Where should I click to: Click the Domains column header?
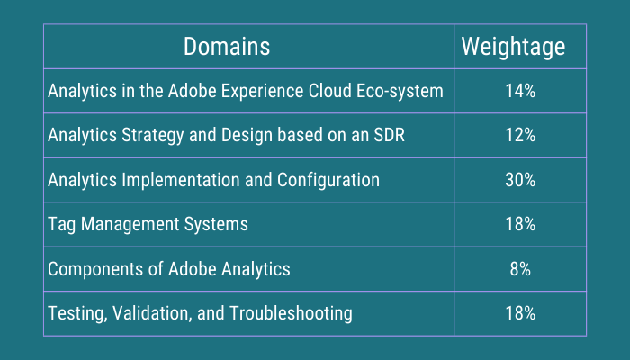point(226,47)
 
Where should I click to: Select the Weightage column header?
point(513,47)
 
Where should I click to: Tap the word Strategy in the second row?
point(144,135)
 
